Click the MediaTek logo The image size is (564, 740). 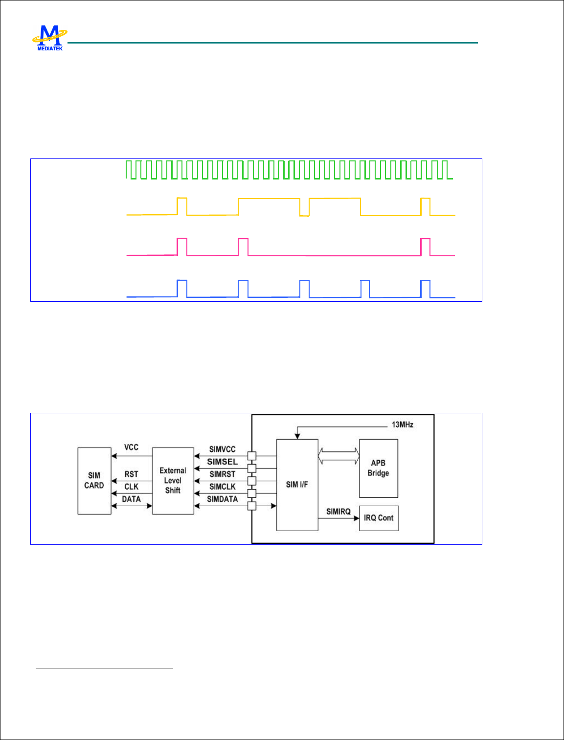49,38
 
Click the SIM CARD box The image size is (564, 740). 94,480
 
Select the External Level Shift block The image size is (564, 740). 173,480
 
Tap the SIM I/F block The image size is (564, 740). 297,484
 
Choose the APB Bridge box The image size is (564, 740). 378,468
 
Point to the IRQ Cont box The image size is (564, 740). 379,518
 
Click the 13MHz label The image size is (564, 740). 402,425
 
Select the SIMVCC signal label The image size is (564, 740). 222,449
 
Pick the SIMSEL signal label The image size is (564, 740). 222,461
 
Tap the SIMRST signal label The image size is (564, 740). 222,474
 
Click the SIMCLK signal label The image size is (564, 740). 222,487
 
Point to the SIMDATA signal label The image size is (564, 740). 222,499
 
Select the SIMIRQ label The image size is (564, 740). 338,512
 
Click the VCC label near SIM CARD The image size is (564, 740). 131,447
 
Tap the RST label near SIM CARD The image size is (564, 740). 131,474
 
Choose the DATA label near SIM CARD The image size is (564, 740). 131,499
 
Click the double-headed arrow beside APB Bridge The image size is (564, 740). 338,456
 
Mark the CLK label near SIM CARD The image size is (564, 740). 131,487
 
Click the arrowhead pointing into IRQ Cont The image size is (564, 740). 357,518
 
